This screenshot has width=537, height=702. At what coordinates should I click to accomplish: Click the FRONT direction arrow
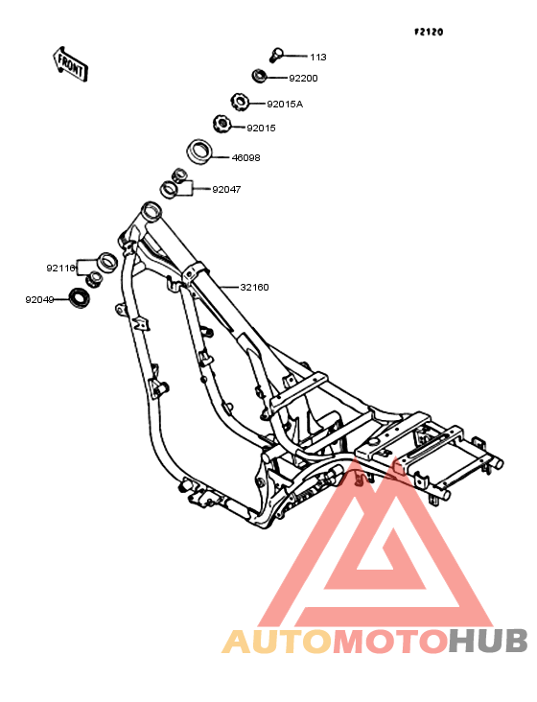tap(70, 64)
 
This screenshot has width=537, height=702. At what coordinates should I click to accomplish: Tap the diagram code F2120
tap(429, 32)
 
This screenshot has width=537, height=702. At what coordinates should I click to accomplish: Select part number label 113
tap(318, 58)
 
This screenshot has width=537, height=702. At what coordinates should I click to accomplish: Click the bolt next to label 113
tap(275, 55)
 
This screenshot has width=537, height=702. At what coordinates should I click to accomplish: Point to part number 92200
tap(303, 79)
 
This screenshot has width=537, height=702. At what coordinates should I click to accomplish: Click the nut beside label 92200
tap(259, 75)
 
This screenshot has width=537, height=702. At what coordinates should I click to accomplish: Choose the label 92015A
tap(285, 105)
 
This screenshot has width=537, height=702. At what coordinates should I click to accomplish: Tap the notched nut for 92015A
tap(240, 102)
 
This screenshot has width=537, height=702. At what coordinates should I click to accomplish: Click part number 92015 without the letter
tap(261, 129)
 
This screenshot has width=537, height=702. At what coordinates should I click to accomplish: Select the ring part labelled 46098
tap(199, 152)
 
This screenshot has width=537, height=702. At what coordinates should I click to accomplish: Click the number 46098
tap(245, 158)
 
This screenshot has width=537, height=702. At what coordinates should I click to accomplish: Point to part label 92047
tap(226, 190)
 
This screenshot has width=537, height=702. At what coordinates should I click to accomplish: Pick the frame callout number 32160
tap(254, 288)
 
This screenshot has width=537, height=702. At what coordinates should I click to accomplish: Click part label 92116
tap(60, 269)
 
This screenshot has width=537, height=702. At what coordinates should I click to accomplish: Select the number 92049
tap(39, 300)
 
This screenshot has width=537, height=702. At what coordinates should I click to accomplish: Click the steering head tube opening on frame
tap(151, 210)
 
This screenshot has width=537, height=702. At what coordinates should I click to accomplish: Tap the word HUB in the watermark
tap(488, 642)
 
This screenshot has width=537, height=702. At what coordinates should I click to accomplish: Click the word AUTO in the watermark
tap(277, 642)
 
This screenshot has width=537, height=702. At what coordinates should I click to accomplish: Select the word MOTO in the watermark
tap(391, 642)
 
